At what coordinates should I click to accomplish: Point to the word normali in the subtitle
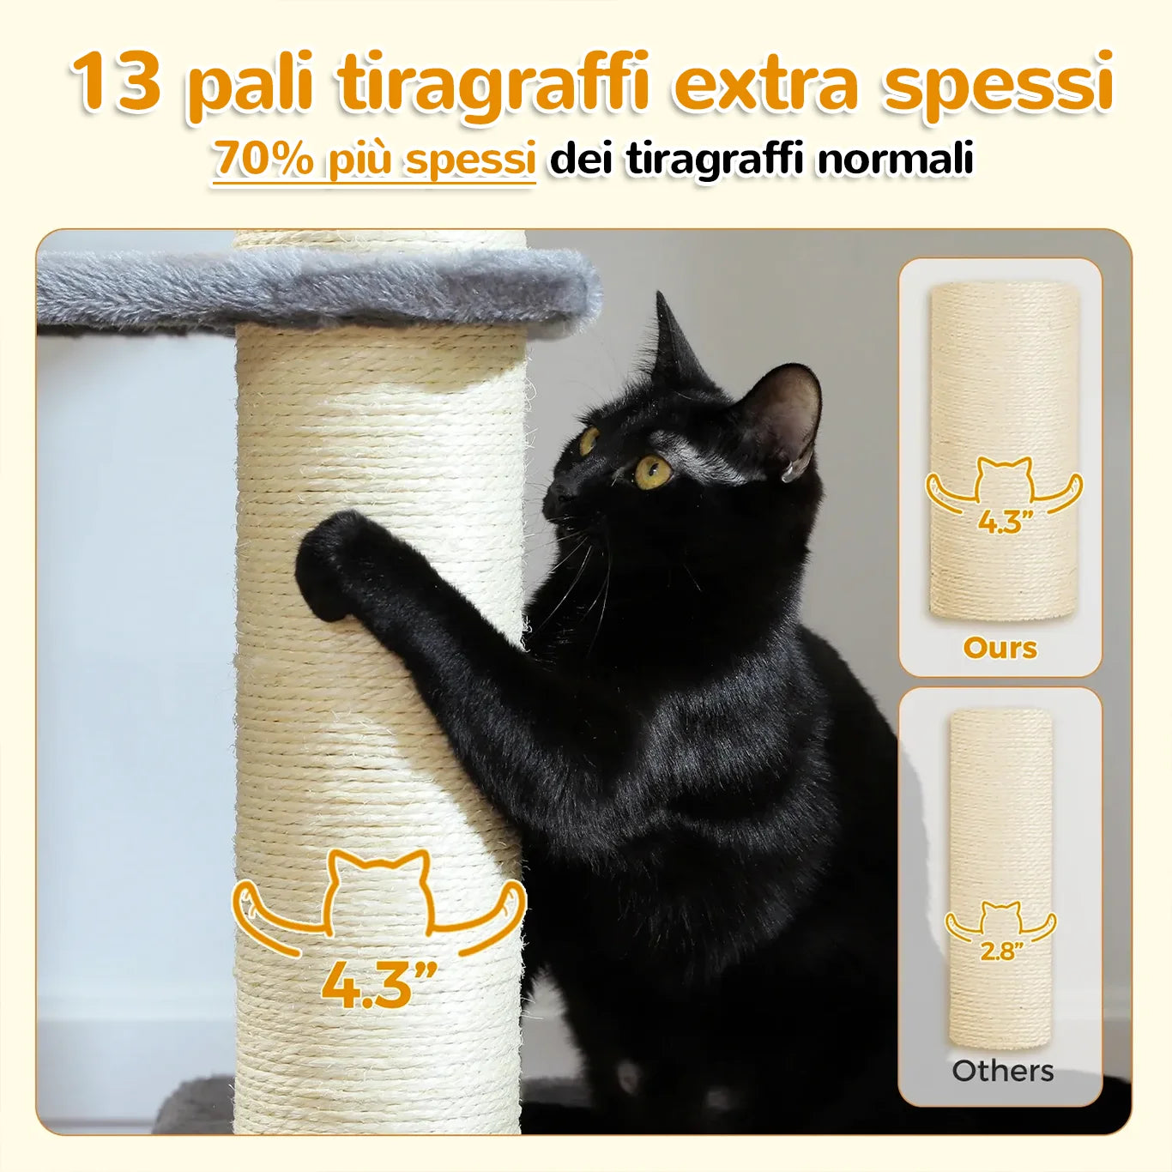pyautogui.click(x=895, y=158)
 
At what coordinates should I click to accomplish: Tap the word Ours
pyautogui.click(x=1000, y=648)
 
